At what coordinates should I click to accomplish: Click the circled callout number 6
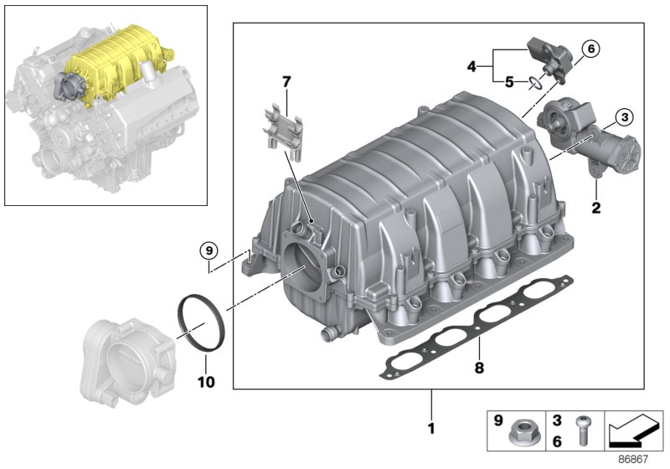[x=590, y=49]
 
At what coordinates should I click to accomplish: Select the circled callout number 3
[x=625, y=117]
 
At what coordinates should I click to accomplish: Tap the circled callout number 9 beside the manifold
[x=209, y=250]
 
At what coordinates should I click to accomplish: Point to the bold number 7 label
[x=286, y=82]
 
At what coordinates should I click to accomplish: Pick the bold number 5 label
[x=508, y=81]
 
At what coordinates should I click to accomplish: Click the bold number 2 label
[x=596, y=208]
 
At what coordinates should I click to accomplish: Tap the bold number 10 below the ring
[x=205, y=383]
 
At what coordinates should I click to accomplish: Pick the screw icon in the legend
[x=580, y=432]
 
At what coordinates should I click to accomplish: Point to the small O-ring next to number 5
[x=533, y=82]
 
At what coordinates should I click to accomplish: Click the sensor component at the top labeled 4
[x=548, y=57]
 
